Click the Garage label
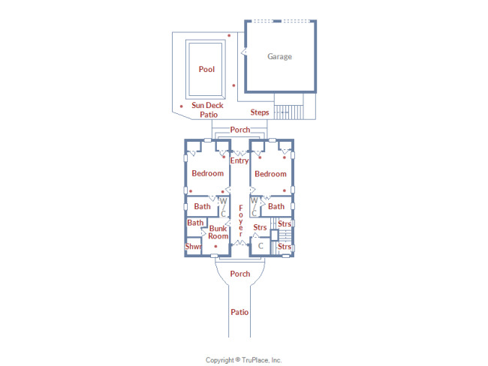click(279, 56)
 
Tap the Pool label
click(206, 69)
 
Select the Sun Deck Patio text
click(207, 109)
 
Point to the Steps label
click(260, 112)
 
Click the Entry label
click(239, 160)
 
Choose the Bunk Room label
click(218, 232)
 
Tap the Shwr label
click(193, 247)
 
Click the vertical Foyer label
click(240, 220)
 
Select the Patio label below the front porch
click(239, 312)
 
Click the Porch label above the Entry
click(240, 130)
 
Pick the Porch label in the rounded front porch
click(240, 274)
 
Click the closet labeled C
click(261, 246)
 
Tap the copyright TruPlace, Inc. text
click(244, 360)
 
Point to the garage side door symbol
click(244, 52)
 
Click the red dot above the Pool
click(229, 35)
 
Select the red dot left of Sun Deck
click(182, 106)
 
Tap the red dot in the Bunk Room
click(215, 246)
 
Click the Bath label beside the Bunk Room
click(195, 223)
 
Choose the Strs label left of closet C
click(260, 227)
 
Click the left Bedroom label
click(207, 173)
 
